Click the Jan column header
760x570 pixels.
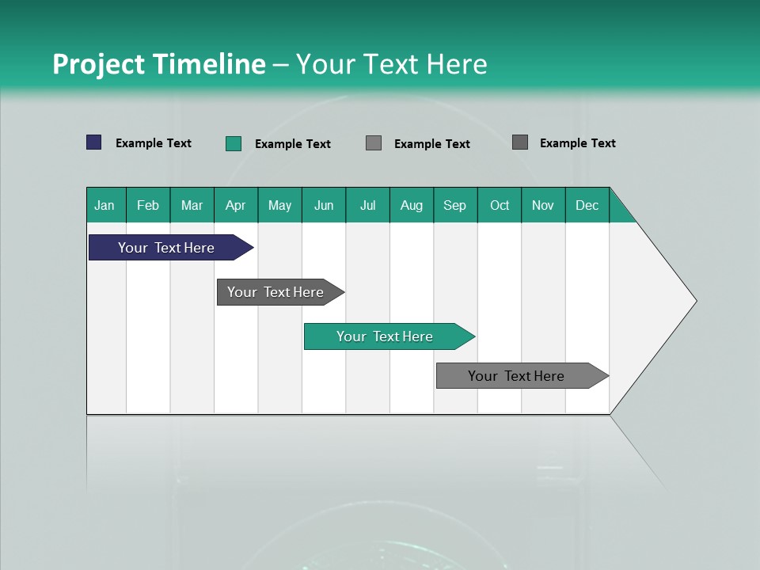[105, 205]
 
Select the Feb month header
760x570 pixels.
[148, 205]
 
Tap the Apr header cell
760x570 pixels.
[236, 205]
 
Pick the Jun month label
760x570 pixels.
[324, 205]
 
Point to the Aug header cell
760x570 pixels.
[412, 205]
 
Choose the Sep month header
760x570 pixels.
[455, 205]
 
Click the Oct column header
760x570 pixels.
[500, 205]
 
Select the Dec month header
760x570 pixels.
[587, 205]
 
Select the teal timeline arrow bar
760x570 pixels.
[386, 336]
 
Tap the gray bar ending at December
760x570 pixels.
[517, 376]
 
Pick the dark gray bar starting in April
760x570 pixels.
[276, 292]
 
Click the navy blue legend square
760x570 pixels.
[94, 142]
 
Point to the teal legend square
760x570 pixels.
[234, 143]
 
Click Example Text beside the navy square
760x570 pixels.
[154, 143]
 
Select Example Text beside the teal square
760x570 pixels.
[293, 144]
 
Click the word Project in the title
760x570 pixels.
[97, 64]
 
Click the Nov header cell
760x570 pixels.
[543, 205]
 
